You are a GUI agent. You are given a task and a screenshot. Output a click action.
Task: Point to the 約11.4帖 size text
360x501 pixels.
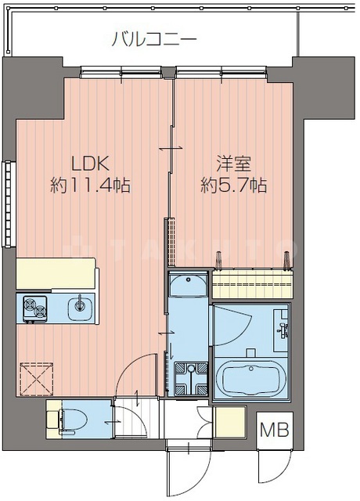[x=89, y=186]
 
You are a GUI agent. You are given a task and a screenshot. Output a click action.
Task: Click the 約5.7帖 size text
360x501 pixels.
[x=232, y=186]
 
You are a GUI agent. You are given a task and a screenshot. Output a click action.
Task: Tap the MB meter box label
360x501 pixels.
[x=274, y=430]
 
